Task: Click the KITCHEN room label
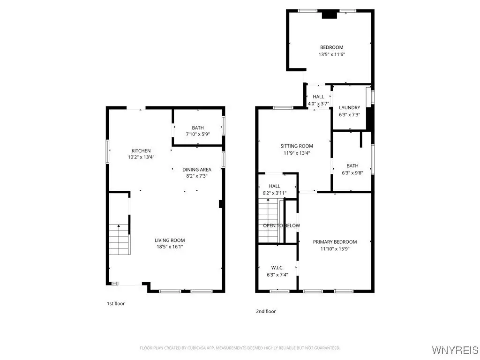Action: click(141, 150)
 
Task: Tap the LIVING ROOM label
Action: click(170, 240)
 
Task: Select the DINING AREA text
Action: click(197, 170)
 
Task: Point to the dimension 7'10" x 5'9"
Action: click(198, 134)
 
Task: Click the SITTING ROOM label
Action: click(297, 146)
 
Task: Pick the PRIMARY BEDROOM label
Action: click(335, 242)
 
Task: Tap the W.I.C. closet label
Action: click(277, 268)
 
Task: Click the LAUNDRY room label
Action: click(350, 108)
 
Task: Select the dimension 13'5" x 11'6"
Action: click(332, 54)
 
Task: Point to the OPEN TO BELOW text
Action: click(282, 225)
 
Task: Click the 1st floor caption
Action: click(116, 304)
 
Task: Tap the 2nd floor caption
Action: click(266, 311)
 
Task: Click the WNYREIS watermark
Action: click(455, 350)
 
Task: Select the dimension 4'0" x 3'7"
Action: click(318, 104)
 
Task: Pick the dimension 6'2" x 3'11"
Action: click(275, 193)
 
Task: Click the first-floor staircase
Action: click(120, 240)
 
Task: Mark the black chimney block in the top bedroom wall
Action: click(330, 15)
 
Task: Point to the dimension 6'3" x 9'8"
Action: click(352, 173)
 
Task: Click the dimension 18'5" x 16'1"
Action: click(170, 247)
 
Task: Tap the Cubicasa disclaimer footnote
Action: click(240, 348)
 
